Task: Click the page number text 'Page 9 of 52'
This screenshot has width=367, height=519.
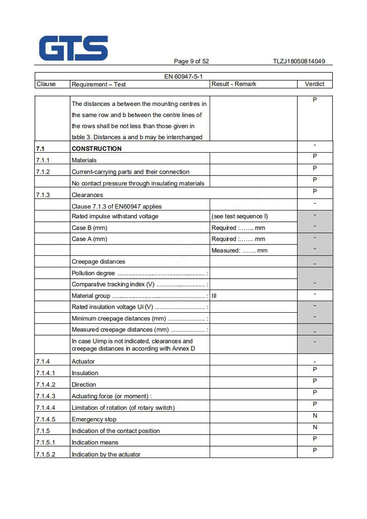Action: (191, 61)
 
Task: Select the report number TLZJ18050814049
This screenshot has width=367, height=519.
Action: (299, 61)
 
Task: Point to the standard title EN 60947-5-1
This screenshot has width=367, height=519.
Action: (183, 77)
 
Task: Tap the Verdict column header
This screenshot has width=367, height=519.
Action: (314, 84)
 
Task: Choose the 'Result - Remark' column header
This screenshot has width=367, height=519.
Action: (234, 84)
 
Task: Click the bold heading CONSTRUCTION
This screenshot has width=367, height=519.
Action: (96, 149)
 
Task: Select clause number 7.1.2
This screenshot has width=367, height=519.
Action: (43, 172)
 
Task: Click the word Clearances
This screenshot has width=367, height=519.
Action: (87, 195)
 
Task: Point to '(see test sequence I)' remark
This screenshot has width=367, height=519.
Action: (239, 216)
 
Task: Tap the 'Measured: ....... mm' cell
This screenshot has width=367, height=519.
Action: (239, 250)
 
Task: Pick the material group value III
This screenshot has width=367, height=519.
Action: (214, 296)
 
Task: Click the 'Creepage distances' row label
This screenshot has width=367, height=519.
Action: (98, 262)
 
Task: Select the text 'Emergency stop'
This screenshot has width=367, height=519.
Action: (94, 420)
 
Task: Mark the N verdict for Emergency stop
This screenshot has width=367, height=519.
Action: (315, 416)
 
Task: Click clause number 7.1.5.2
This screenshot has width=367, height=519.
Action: (45, 454)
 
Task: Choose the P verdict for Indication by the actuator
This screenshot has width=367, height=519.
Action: (315, 450)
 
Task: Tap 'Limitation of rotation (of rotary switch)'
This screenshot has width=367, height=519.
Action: (123, 408)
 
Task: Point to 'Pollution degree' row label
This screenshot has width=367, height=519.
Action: (93, 273)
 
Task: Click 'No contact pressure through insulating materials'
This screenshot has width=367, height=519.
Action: (138, 183)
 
